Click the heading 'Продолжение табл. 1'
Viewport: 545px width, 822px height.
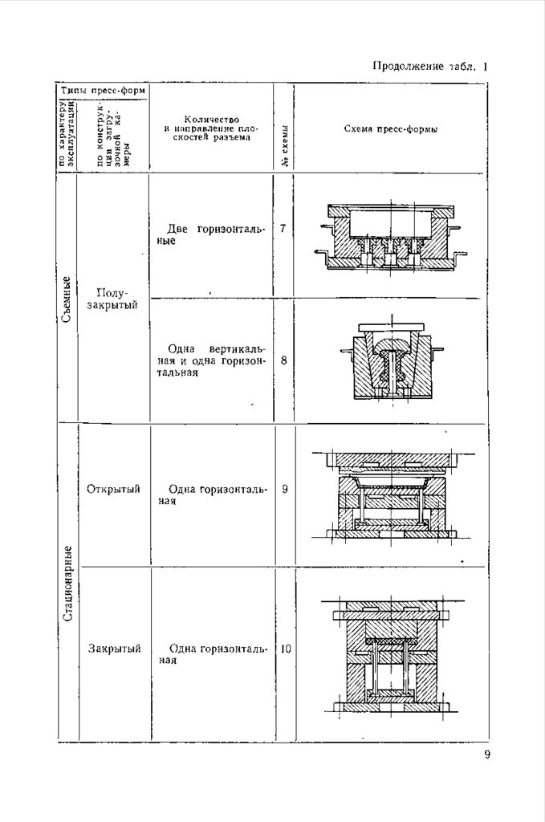(x=430, y=67)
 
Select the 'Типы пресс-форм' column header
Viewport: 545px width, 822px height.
(x=103, y=91)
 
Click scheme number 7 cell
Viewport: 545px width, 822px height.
(x=283, y=230)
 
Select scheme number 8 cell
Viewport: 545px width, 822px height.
(x=284, y=360)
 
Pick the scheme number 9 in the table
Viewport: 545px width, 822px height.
(x=285, y=489)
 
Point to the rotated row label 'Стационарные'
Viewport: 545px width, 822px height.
(x=69, y=584)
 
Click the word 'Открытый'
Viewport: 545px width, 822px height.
(x=113, y=489)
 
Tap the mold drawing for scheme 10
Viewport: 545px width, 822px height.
(x=389, y=654)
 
